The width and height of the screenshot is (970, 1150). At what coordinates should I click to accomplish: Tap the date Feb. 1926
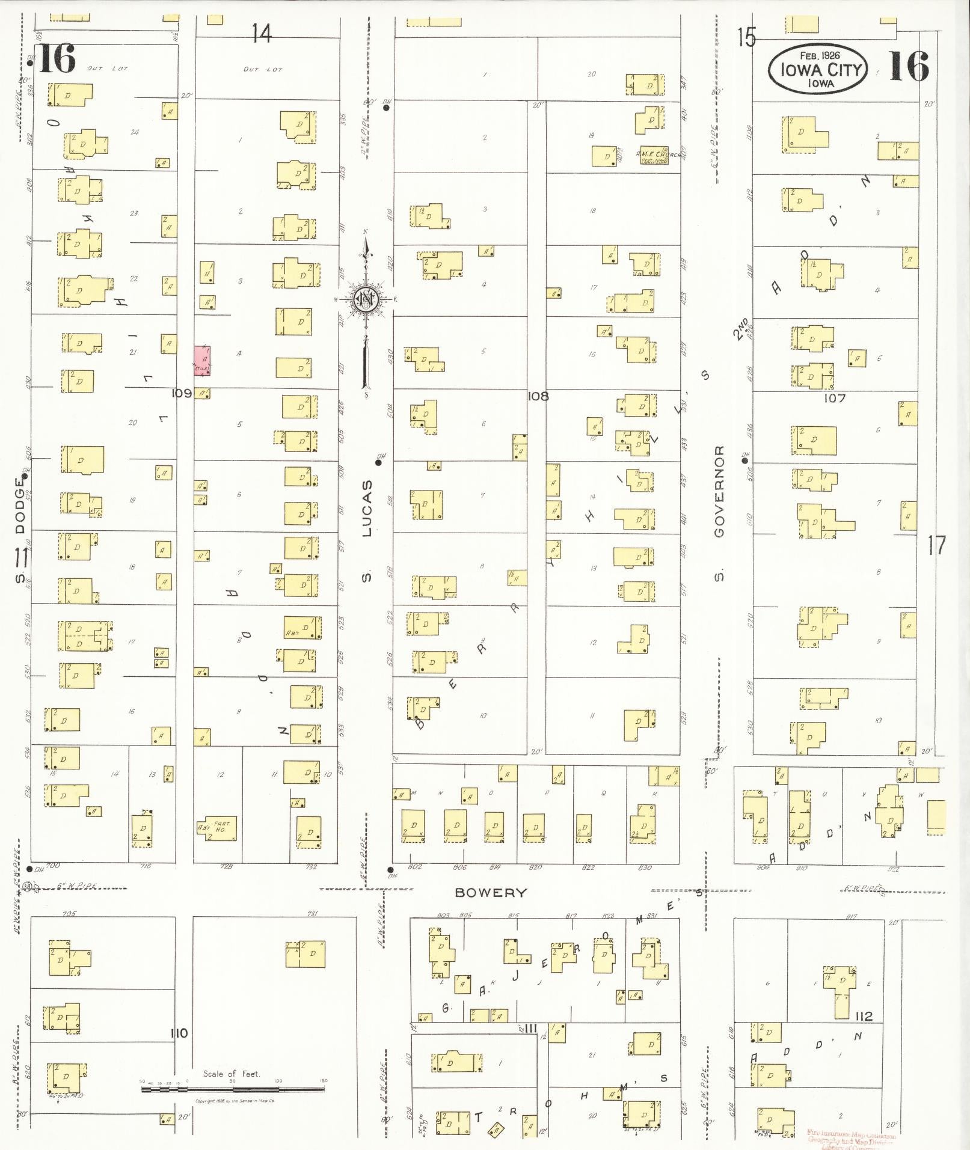[x=820, y=55]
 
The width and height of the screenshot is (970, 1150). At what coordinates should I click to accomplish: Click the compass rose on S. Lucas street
[x=365, y=299]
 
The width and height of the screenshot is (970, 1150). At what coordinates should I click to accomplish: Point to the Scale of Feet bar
[x=235, y=1088]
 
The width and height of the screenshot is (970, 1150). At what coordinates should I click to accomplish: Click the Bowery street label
[x=491, y=893]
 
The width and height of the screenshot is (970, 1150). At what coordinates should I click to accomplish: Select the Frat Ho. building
[x=216, y=828]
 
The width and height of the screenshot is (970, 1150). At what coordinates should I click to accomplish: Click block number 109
[x=182, y=393]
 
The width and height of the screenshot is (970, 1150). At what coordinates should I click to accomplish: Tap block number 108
[x=538, y=396]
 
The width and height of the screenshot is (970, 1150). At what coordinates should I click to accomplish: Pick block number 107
[x=834, y=398]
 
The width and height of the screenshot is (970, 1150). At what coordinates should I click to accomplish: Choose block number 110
[x=179, y=1033]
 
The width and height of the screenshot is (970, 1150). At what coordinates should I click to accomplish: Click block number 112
[x=864, y=1017]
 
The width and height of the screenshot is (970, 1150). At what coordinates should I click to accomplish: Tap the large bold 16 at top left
[x=57, y=60]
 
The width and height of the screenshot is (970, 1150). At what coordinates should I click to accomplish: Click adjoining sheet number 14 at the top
[x=262, y=33]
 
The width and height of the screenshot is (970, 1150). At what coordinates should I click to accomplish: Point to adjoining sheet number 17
[x=937, y=546]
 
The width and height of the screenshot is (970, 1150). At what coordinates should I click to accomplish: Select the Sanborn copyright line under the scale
[x=235, y=1101]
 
